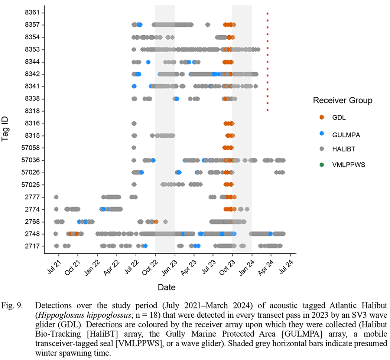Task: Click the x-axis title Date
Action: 167,287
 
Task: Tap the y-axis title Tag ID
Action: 6,129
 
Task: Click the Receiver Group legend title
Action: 342,101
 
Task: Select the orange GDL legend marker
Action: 322,117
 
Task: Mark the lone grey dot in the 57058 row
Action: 134,148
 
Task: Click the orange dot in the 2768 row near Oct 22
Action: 156,222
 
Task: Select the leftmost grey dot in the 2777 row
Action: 56,197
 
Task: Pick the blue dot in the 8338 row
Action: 177,99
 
